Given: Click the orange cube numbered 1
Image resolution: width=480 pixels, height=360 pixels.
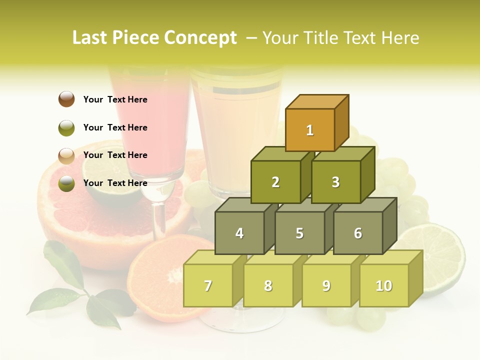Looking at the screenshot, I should click(x=310, y=130).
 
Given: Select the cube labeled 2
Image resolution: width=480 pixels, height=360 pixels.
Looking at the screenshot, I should click(x=275, y=182).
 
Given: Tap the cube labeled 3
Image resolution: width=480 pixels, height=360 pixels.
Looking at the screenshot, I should click(x=335, y=182).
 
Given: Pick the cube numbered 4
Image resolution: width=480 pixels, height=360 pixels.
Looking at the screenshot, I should click(x=239, y=233).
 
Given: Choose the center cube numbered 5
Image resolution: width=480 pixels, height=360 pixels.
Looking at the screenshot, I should click(x=299, y=233).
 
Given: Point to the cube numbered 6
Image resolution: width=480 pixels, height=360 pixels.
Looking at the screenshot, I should click(x=358, y=233).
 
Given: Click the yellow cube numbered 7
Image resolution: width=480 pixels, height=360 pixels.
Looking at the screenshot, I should click(x=208, y=285).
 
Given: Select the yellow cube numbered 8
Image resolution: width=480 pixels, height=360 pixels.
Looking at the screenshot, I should click(x=268, y=285).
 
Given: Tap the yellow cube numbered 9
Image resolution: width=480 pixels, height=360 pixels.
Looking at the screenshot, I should click(x=326, y=285).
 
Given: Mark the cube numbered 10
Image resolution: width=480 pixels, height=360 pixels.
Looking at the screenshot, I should click(x=384, y=285).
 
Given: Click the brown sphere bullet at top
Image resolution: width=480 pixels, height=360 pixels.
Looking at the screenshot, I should click(x=66, y=99).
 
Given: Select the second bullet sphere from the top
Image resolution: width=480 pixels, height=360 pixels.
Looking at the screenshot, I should click(x=66, y=127).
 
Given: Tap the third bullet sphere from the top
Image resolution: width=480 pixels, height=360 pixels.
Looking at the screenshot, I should click(x=66, y=155).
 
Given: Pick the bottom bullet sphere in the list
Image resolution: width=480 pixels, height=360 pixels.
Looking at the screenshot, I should click(x=66, y=183).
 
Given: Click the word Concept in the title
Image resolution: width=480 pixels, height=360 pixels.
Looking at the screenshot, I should click(x=200, y=38).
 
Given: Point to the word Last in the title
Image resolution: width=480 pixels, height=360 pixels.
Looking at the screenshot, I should click(x=90, y=38).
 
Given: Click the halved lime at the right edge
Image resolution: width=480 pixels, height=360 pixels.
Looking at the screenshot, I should click(x=440, y=255).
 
